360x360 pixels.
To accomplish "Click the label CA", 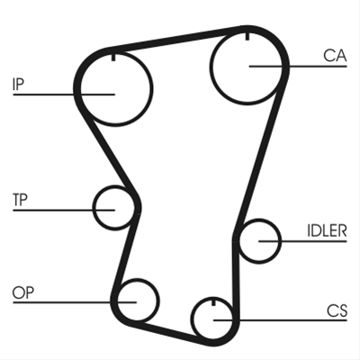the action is click(x=335, y=56).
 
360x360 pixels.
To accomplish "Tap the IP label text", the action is click(x=18, y=85).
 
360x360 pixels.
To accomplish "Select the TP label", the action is click(x=20, y=200).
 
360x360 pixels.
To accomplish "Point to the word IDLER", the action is click(x=327, y=230).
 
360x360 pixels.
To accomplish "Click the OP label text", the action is click(x=23, y=292).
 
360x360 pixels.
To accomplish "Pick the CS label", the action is click(x=337, y=310).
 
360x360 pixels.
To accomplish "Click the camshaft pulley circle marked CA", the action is click(x=211, y=67).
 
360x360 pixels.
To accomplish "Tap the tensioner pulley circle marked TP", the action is click(x=94, y=208).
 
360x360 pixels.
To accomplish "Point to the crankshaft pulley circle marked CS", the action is click(x=192, y=319).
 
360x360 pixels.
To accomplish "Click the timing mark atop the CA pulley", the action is click(x=247, y=35).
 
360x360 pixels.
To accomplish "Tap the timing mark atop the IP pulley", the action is click(x=113, y=57).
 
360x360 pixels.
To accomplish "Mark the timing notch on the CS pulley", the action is click(x=213, y=301).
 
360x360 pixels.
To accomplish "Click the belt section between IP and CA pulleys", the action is click(x=178, y=38).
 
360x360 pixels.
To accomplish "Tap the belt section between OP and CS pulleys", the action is click(x=171, y=331).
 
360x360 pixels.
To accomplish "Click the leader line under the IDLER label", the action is click(x=302, y=241).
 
